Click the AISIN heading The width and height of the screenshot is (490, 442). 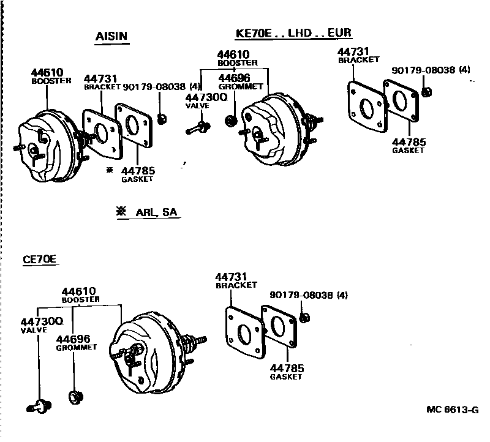point(111,36)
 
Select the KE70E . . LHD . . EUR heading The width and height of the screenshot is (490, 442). point(293,33)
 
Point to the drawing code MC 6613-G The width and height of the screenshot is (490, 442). point(452,410)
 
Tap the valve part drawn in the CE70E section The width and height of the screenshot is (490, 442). point(40,405)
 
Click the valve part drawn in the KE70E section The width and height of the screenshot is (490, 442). point(197,128)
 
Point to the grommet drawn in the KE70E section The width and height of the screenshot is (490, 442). point(232,119)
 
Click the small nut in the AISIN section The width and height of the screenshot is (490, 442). point(162,118)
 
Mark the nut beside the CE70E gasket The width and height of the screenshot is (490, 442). point(306,318)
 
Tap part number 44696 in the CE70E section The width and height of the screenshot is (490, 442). point(73,339)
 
